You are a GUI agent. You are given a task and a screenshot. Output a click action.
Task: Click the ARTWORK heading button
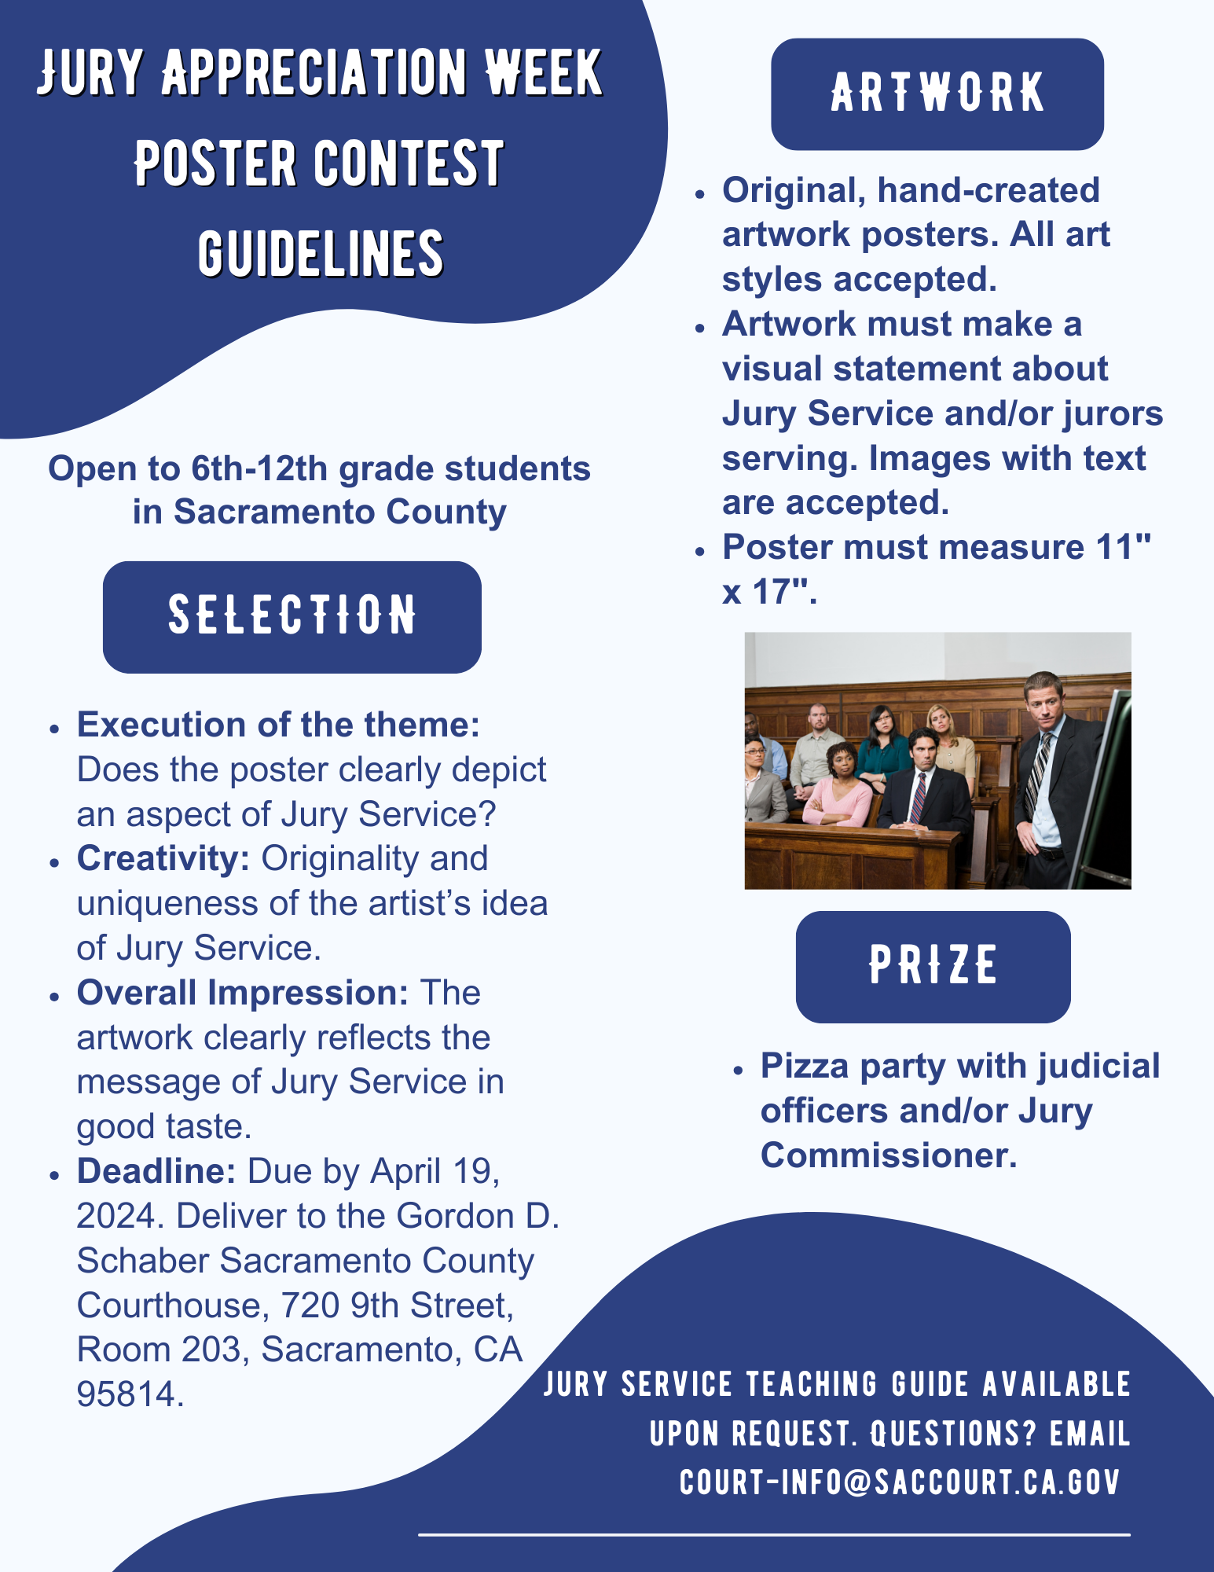point(937,94)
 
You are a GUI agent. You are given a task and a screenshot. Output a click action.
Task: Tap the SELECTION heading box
point(292,616)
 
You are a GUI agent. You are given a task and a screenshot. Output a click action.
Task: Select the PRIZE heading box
point(933,966)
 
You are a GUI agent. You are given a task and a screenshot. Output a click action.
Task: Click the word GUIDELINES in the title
point(321,254)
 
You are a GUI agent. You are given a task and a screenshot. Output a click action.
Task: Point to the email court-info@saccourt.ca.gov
point(900,1482)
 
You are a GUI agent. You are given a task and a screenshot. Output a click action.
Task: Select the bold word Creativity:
point(163,858)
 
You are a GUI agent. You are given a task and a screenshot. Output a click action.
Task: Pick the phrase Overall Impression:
point(242,993)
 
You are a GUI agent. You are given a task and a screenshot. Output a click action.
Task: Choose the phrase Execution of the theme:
point(278,725)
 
